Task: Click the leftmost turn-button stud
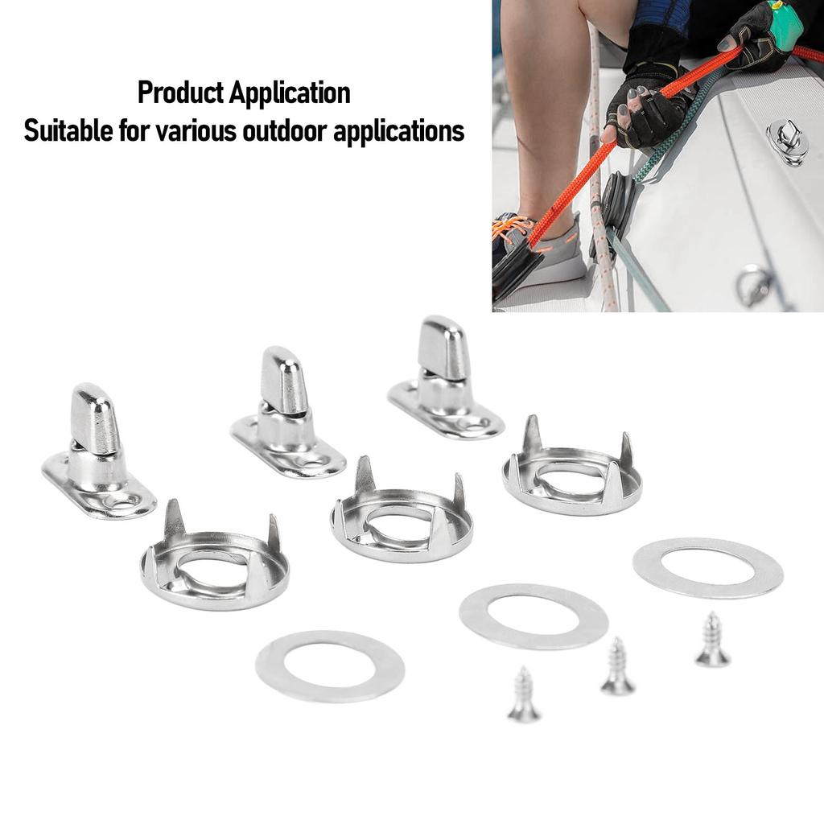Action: pos(97,455)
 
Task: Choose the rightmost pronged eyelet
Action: pos(572,476)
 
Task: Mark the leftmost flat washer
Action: pos(330,665)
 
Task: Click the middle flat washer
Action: pos(534,616)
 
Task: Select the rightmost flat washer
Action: pos(708,567)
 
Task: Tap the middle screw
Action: pos(617,667)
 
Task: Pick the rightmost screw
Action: pos(712,641)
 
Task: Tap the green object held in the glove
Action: pos(785,25)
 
